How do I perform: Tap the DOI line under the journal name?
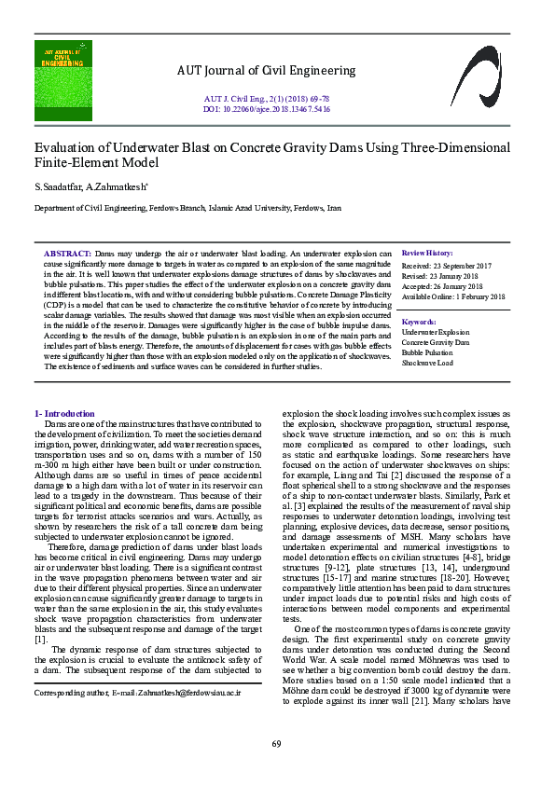click(x=267, y=107)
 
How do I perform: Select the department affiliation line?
click(x=187, y=209)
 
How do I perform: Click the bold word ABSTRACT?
click(x=67, y=254)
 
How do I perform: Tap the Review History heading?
click(x=427, y=254)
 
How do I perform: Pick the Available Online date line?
click(x=453, y=297)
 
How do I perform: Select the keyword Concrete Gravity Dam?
click(x=436, y=342)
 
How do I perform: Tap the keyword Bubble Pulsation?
click(x=427, y=353)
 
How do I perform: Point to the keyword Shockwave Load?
click(x=427, y=364)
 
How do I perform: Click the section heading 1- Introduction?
click(x=64, y=413)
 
